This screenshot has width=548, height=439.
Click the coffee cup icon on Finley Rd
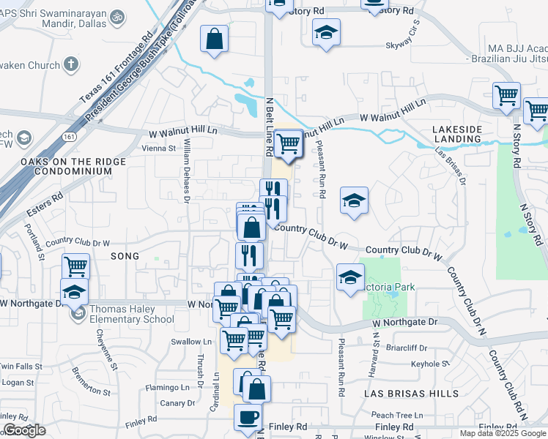[247, 416]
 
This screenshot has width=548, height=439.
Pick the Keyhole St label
[426, 364]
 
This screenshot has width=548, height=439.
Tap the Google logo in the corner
[24, 430]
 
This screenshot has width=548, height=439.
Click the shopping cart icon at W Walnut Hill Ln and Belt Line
[289, 142]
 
